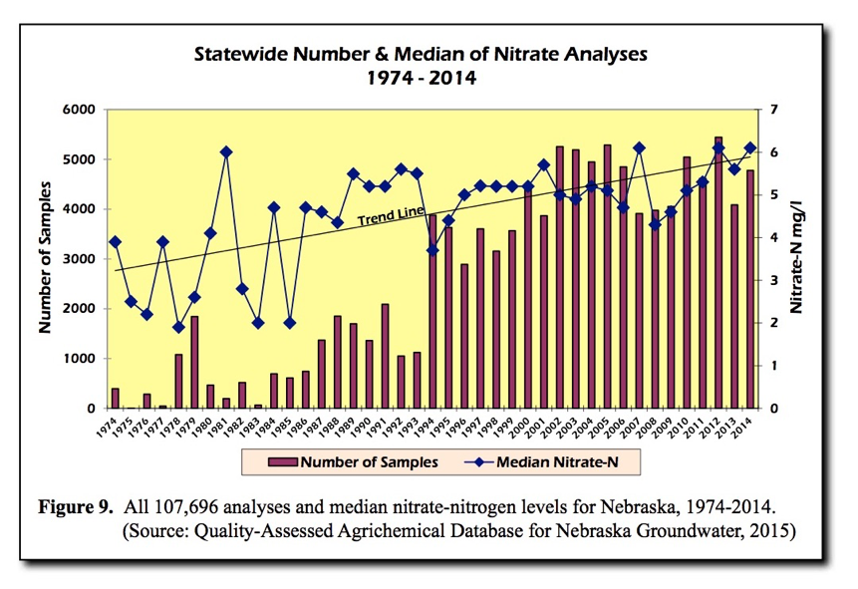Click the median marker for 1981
point(226,151)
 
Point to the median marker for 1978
point(178,327)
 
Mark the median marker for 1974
point(115,241)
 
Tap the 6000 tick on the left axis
point(79,110)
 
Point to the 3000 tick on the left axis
point(79,259)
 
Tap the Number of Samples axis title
point(45,259)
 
